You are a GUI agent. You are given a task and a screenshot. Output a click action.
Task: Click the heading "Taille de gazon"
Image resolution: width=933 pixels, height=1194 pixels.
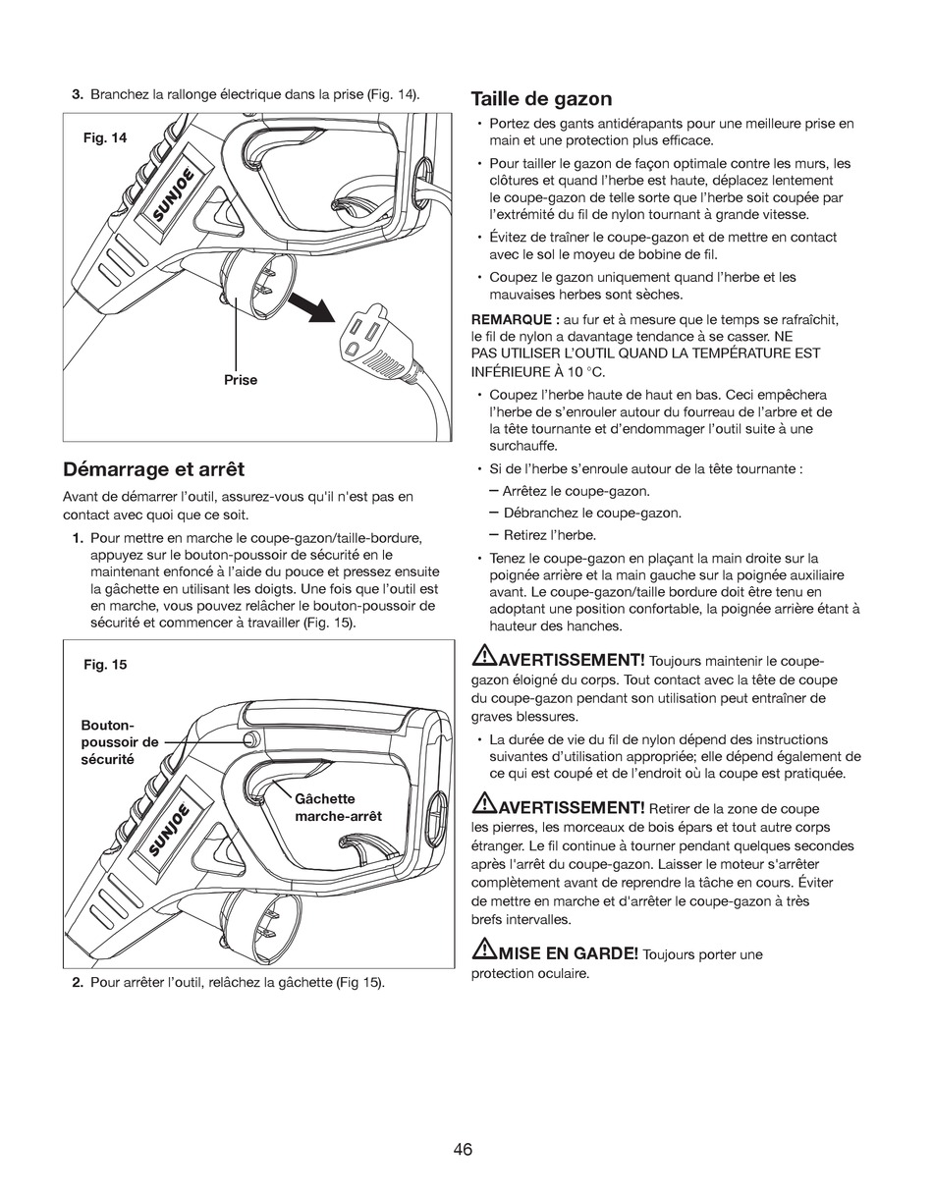tap(541, 99)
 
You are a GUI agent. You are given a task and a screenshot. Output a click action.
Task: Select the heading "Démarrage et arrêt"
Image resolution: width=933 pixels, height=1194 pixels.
tap(153, 469)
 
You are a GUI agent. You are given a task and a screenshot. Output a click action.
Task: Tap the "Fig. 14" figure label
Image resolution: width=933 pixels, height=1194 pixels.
tap(105, 138)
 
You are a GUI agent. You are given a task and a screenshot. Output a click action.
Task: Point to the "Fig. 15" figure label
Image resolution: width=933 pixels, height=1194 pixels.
tap(105, 665)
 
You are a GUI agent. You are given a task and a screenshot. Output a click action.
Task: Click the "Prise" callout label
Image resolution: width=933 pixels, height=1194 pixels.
tap(241, 380)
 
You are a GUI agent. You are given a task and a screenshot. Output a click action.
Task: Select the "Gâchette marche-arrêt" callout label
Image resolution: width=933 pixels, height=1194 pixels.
tap(338, 807)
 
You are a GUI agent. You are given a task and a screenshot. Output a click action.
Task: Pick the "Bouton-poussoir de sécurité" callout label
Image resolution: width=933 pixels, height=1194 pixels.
tap(120, 742)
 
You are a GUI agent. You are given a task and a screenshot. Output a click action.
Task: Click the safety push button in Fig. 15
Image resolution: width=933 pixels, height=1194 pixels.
tap(251, 739)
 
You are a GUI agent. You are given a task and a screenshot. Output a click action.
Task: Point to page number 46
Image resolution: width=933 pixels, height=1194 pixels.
tap(464, 1149)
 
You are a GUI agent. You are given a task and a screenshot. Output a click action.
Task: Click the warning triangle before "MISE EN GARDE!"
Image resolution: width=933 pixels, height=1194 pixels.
tap(484, 950)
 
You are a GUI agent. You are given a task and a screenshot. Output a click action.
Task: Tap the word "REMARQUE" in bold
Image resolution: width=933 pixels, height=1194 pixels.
tap(515, 320)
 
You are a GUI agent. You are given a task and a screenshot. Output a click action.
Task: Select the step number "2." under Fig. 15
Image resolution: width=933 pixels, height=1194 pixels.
tap(77, 983)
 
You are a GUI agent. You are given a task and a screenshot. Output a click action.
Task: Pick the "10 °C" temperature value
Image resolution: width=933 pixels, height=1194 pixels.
tap(586, 371)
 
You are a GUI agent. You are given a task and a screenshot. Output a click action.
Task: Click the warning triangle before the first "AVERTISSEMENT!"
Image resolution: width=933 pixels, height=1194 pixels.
tap(484, 656)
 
